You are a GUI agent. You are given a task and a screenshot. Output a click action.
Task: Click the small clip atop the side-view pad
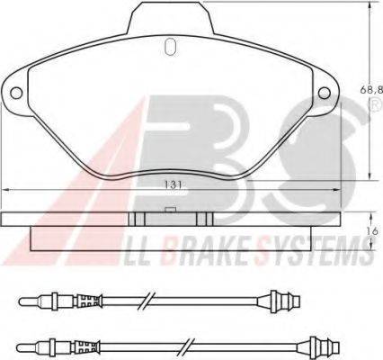[x=169, y=211]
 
